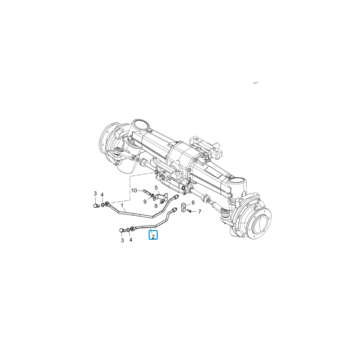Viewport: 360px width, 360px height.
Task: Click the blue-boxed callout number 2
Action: tap(153, 236)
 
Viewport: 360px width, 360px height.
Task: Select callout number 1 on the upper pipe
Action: tap(122, 205)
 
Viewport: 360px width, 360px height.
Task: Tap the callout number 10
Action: tap(134, 190)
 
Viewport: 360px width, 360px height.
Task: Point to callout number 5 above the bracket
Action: tap(156, 188)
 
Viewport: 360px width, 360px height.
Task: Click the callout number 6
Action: tap(193, 202)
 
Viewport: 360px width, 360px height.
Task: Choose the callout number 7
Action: tap(199, 211)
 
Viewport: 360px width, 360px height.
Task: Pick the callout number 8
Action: tap(156, 206)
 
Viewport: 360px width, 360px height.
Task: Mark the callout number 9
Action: tap(145, 202)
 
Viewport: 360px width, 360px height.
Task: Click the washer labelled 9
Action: tap(153, 195)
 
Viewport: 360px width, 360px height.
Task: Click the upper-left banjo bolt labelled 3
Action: tap(96, 206)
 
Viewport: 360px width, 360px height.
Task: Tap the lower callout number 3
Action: tap(122, 240)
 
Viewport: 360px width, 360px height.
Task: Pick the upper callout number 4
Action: tap(102, 195)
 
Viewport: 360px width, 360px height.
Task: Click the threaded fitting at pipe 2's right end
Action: tap(174, 210)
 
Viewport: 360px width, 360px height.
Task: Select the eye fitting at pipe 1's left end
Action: tap(107, 204)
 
